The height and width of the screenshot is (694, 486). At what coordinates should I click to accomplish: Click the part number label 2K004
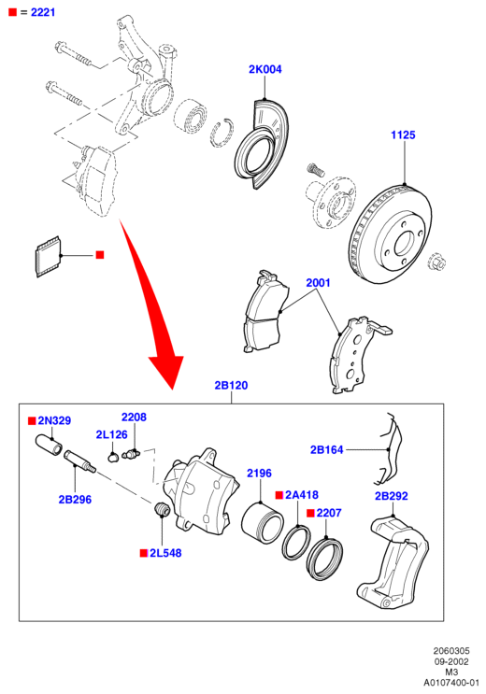click(x=264, y=69)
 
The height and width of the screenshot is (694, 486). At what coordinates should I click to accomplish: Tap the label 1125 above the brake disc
click(x=403, y=135)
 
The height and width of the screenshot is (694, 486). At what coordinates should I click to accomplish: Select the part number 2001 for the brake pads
click(x=318, y=282)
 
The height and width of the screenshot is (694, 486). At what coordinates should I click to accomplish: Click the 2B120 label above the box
click(x=231, y=385)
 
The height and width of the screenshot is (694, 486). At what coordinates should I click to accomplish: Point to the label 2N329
click(x=54, y=420)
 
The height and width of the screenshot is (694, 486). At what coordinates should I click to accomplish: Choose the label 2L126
click(x=111, y=435)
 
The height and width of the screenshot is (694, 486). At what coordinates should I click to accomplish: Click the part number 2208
click(x=134, y=417)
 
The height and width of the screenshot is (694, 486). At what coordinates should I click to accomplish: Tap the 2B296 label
click(x=75, y=500)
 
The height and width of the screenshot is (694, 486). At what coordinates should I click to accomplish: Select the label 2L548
click(x=165, y=553)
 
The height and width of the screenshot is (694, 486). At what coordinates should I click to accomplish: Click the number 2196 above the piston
click(x=259, y=474)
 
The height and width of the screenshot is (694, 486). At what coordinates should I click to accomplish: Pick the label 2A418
click(x=302, y=495)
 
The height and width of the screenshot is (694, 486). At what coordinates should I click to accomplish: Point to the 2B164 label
click(x=326, y=449)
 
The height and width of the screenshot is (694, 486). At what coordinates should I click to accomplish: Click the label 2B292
click(x=392, y=496)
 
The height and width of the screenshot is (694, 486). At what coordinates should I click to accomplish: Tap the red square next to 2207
click(x=310, y=513)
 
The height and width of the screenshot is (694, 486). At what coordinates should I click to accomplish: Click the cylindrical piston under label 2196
click(x=263, y=523)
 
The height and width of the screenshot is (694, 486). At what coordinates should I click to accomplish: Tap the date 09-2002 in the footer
click(x=451, y=661)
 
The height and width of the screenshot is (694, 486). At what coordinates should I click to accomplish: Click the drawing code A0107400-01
click(x=451, y=683)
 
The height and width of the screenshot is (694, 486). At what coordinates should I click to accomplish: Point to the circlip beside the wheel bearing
click(x=222, y=133)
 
